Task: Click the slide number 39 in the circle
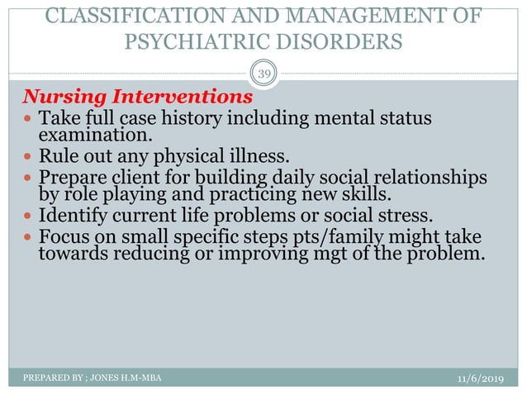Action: pyautogui.click(x=263, y=75)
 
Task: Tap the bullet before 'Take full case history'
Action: pyautogui.click(x=29, y=119)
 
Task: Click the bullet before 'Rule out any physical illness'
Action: pyautogui.click(x=29, y=157)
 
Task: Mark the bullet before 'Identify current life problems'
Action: pyautogui.click(x=29, y=217)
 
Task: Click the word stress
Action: pyautogui.click(x=404, y=217)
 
